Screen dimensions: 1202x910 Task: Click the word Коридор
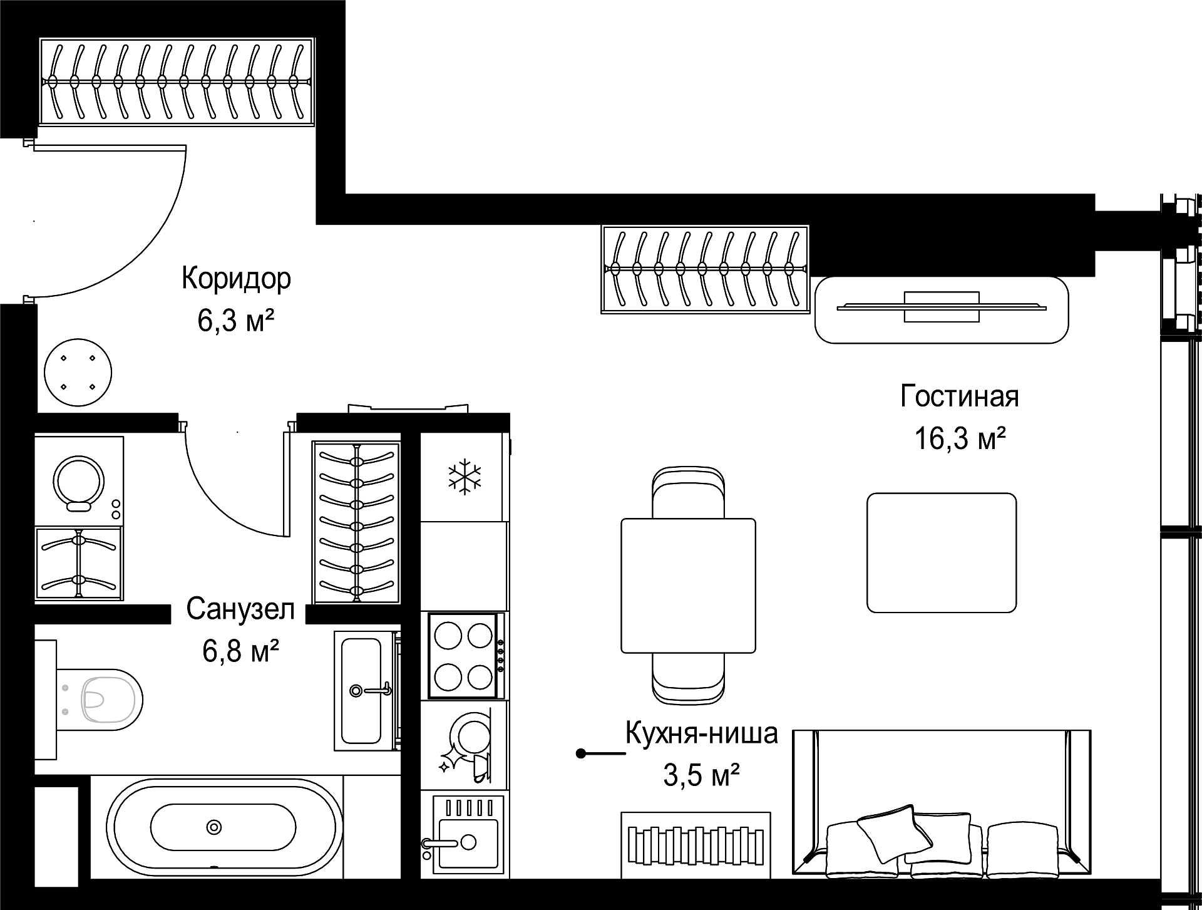tap(236, 279)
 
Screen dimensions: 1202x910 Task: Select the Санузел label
tap(240, 609)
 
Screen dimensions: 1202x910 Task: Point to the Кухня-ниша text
tap(702, 733)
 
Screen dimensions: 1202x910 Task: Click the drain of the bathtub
tap(214, 827)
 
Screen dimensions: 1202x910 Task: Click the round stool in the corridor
tap(78, 373)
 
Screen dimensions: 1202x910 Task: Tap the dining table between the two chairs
tap(688, 586)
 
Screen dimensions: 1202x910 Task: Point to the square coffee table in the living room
tap(942, 552)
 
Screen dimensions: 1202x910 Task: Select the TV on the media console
tap(942, 306)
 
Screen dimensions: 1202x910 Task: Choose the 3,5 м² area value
tap(702, 777)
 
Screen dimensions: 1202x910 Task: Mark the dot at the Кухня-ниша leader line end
tap(581, 753)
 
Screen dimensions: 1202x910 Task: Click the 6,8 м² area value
tap(240, 651)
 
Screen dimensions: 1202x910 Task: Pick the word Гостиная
tap(960, 396)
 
